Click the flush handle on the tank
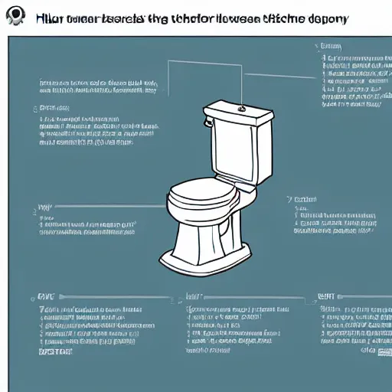(x=207, y=120)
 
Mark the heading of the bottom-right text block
(x=327, y=296)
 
